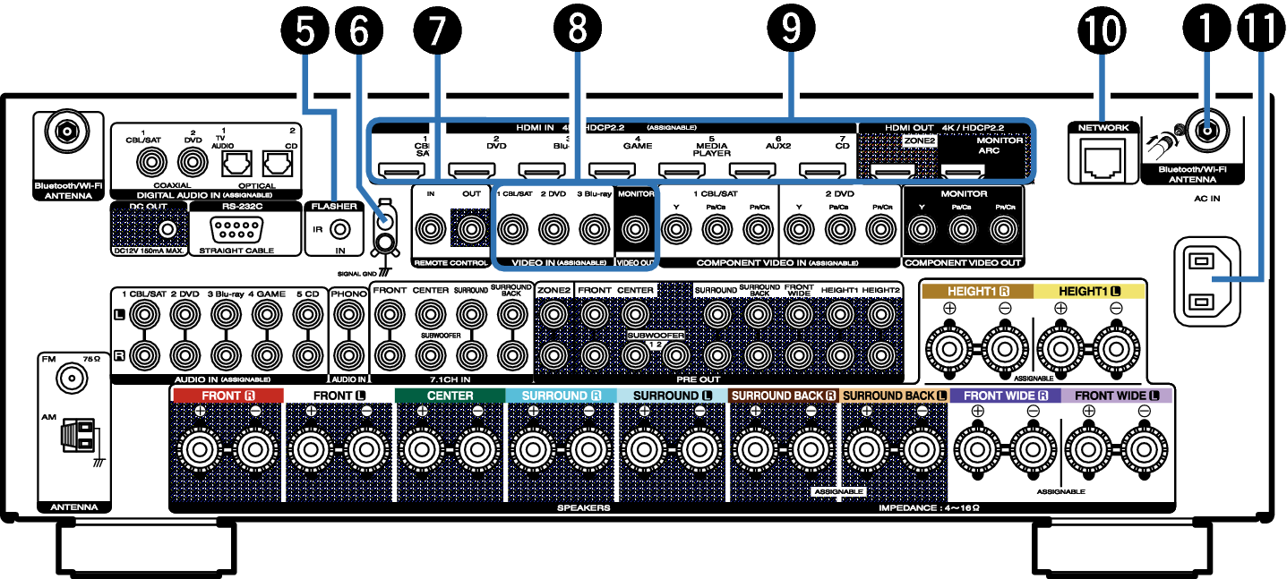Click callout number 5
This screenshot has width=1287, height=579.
tap(305, 30)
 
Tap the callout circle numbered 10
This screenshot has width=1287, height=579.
tap(1103, 30)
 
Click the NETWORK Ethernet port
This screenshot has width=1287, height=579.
tap(1103, 161)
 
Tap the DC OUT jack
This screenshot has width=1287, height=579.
tap(165, 231)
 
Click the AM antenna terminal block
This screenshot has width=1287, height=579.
tap(79, 438)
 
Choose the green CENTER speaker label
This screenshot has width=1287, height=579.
tap(450, 396)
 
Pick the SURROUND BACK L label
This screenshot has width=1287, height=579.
tap(894, 396)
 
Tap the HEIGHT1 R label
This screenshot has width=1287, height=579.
tap(977, 292)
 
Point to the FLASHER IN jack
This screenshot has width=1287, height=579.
tap(339, 229)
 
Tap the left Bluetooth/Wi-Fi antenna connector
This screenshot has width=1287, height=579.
tap(66, 134)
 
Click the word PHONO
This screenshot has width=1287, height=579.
tap(348, 293)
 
